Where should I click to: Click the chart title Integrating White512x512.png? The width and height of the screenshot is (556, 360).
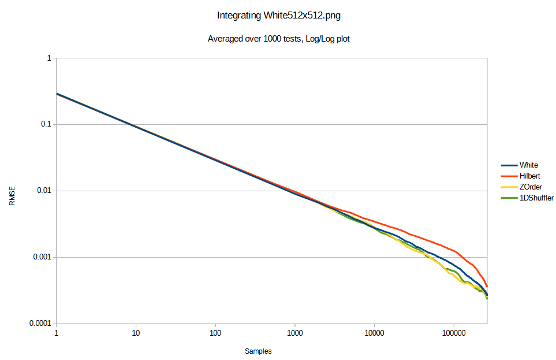point(278,16)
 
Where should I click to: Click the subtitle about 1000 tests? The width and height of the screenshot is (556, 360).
point(278,39)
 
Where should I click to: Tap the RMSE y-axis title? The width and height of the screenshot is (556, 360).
point(12,196)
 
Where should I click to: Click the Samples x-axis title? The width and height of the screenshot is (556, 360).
point(258,351)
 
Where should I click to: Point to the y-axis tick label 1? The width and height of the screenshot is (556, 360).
point(49,58)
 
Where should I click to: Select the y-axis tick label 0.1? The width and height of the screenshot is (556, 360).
point(46,125)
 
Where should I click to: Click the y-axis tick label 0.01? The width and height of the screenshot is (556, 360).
point(44,191)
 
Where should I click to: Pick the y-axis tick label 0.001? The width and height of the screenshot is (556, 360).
point(42,257)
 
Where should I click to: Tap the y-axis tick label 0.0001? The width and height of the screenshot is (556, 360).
point(40,323)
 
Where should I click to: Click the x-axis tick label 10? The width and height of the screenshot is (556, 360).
point(136,333)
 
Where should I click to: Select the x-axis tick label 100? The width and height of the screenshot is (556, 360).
point(215,333)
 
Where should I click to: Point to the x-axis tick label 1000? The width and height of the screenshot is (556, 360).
point(295,333)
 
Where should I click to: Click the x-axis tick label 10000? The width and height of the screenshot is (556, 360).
point(374,333)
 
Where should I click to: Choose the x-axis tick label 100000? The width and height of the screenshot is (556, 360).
point(453,333)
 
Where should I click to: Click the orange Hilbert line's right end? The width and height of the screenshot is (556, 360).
point(487,286)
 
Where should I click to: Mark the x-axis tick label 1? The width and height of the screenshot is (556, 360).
point(56,333)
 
